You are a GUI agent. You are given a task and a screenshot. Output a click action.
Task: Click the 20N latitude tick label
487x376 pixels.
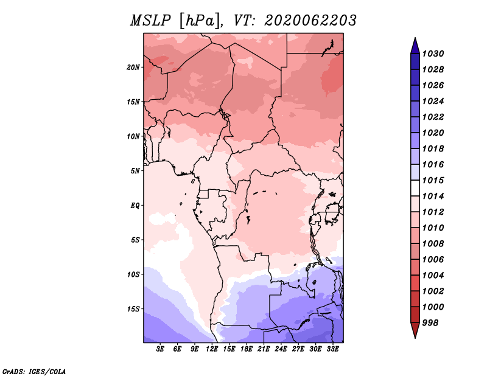click(133, 68)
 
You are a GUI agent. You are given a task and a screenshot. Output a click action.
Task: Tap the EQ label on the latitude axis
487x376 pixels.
click(135, 206)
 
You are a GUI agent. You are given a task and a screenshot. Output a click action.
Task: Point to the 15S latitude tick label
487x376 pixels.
click(133, 309)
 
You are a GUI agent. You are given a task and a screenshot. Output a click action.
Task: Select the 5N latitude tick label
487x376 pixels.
click(135, 171)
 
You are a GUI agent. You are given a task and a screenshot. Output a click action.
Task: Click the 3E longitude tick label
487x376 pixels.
click(160, 349)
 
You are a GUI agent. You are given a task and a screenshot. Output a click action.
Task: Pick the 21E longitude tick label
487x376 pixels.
click(264, 349)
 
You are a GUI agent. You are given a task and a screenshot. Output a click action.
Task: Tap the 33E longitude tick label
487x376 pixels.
click(332, 349)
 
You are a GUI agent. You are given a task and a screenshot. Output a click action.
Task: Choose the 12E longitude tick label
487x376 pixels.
click(212, 349)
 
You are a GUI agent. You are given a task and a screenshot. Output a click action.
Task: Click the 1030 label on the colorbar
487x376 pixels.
click(433, 54)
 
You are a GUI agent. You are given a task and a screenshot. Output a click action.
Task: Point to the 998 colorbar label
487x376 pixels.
click(430, 323)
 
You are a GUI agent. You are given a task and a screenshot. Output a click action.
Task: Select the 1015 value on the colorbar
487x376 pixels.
click(433, 180)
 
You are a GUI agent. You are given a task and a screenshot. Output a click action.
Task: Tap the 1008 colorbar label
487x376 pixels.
click(433, 244)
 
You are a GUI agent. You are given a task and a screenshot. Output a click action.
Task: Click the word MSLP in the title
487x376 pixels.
click(150, 21)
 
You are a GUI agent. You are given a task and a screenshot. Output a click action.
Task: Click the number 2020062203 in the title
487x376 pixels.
click(310, 21)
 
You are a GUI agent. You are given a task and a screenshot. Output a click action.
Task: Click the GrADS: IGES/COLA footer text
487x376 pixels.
click(34, 371)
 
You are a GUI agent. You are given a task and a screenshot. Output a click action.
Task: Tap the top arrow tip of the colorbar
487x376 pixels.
click(415, 38)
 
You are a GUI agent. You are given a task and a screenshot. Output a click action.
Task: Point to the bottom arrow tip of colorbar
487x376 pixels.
click(415, 338)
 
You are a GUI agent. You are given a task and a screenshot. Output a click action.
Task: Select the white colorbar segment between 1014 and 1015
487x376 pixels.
click(415, 188)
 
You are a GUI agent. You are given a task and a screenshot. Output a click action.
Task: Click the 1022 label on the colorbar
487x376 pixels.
click(433, 117)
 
